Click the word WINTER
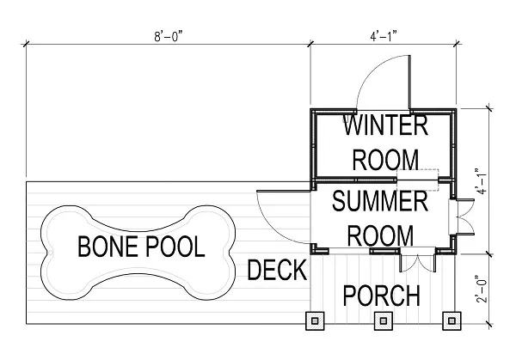coord(385,125)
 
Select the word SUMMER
coord(379,203)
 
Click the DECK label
coord(277,272)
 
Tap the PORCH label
coord(382,296)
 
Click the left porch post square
coord(316,321)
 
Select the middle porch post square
coord(383,321)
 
